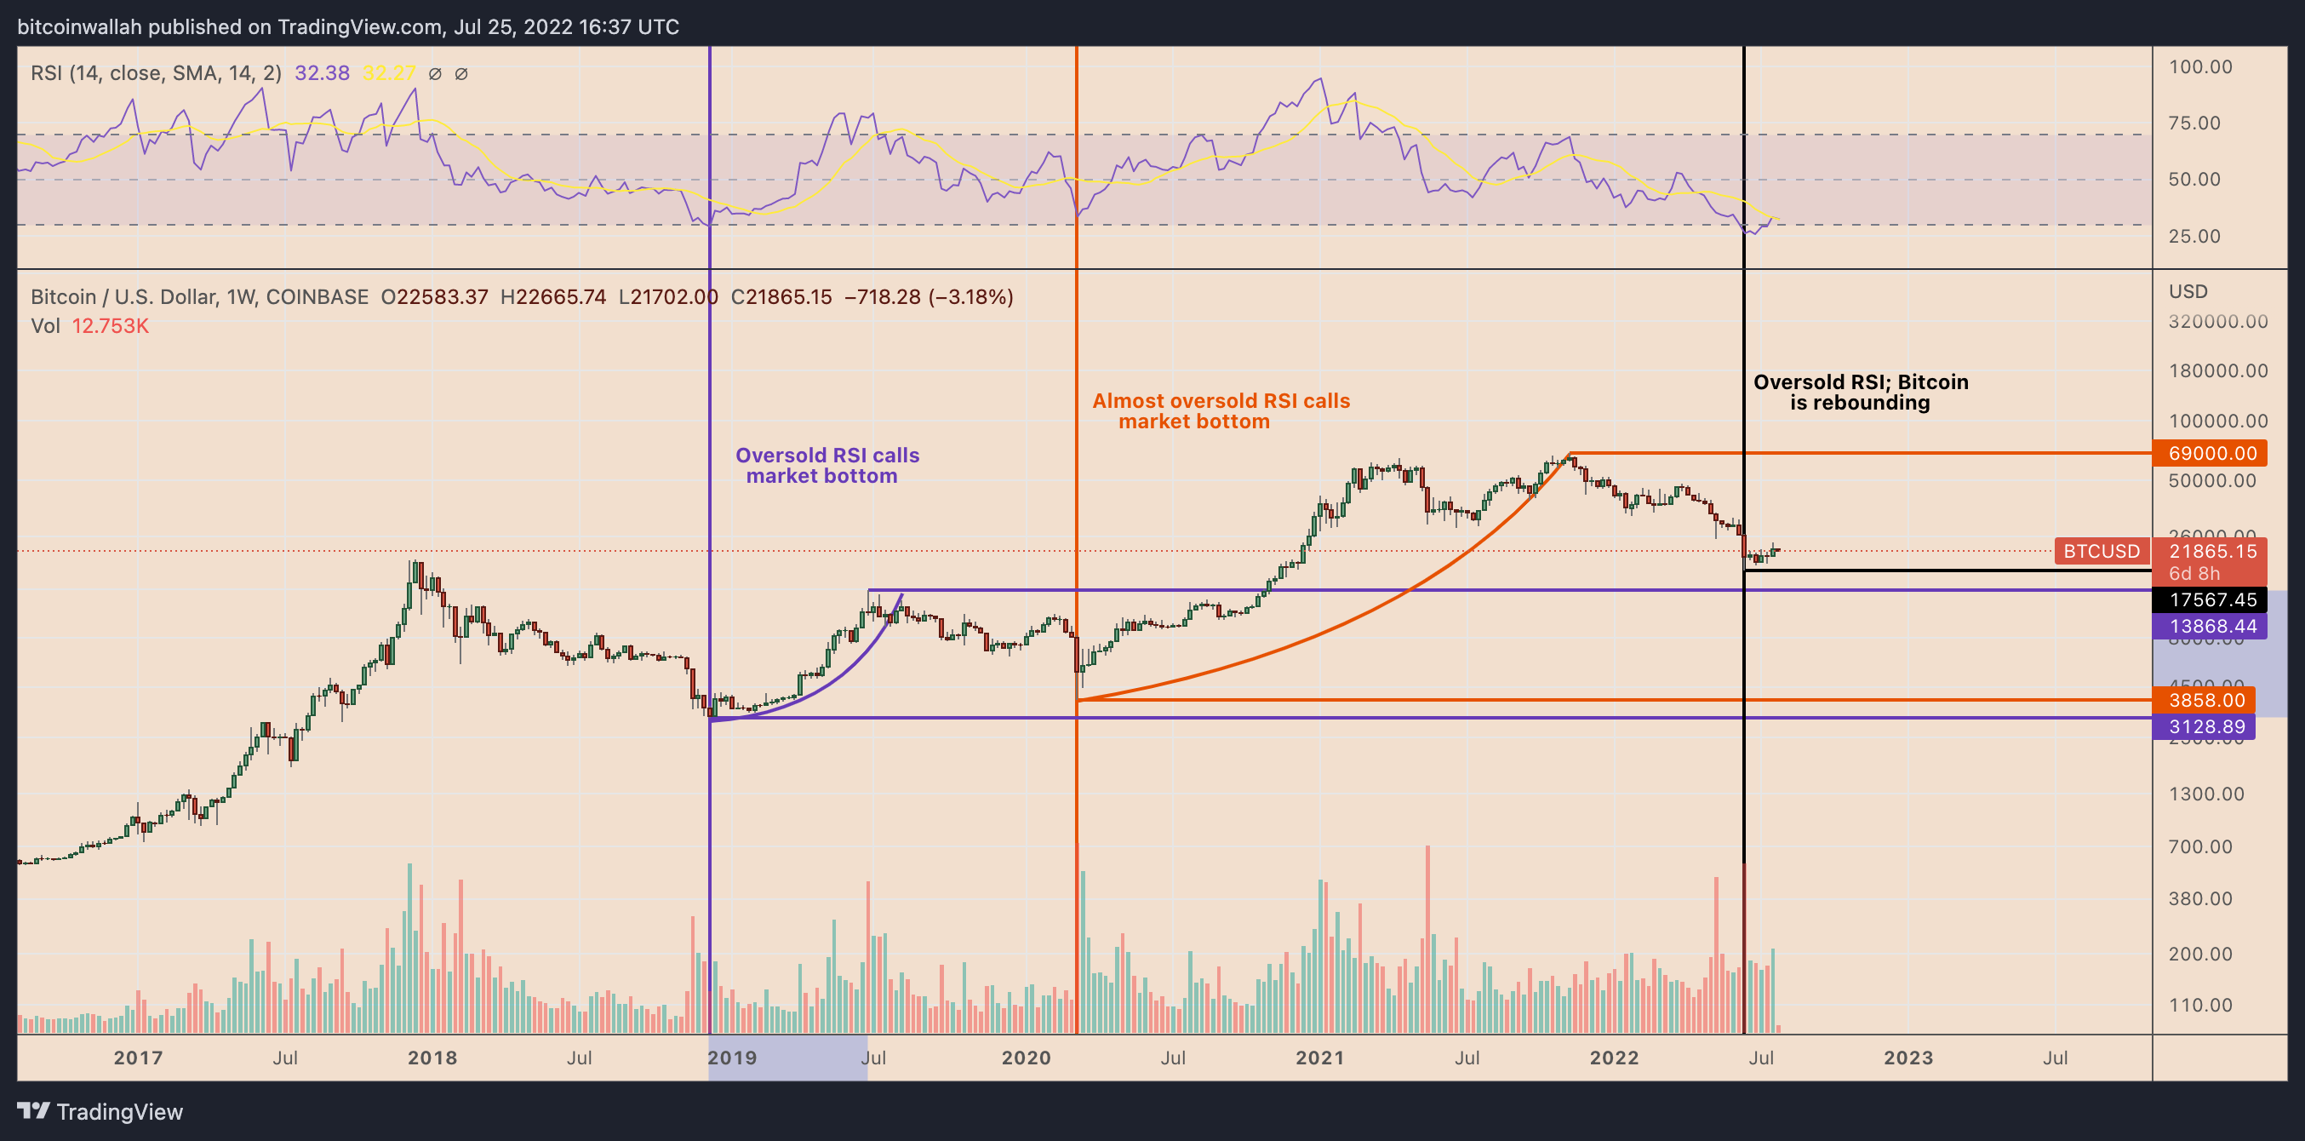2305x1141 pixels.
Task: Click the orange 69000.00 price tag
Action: [2210, 453]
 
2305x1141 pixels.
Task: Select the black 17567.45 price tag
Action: [2210, 599]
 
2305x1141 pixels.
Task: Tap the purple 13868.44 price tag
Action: [2210, 627]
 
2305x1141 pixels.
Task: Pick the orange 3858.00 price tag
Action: [2205, 700]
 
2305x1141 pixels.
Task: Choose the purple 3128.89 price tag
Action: [2205, 726]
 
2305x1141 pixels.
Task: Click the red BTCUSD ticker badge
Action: [2101, 551]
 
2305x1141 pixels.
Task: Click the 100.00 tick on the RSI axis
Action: [2199, 67]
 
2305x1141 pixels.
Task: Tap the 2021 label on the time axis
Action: [1320, 1058]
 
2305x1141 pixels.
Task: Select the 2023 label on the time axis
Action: [1907, 1058]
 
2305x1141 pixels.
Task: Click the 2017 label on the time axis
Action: [138, 1058]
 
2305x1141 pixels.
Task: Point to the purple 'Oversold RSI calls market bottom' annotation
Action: [826, 466]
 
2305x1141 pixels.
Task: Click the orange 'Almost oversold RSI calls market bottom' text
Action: [1220, 410]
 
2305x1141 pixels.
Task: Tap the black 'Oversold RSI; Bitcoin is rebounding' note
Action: [1861, 392]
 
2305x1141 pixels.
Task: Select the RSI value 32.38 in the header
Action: [322, 73]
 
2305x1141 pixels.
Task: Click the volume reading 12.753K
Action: [110, 326]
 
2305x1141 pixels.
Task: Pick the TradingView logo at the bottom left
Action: [100, 1111]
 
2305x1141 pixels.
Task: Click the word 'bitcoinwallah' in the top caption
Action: [80, 27]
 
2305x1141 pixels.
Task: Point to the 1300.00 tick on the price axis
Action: [2205, 794]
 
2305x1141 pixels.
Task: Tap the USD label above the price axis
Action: [2188, 292]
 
